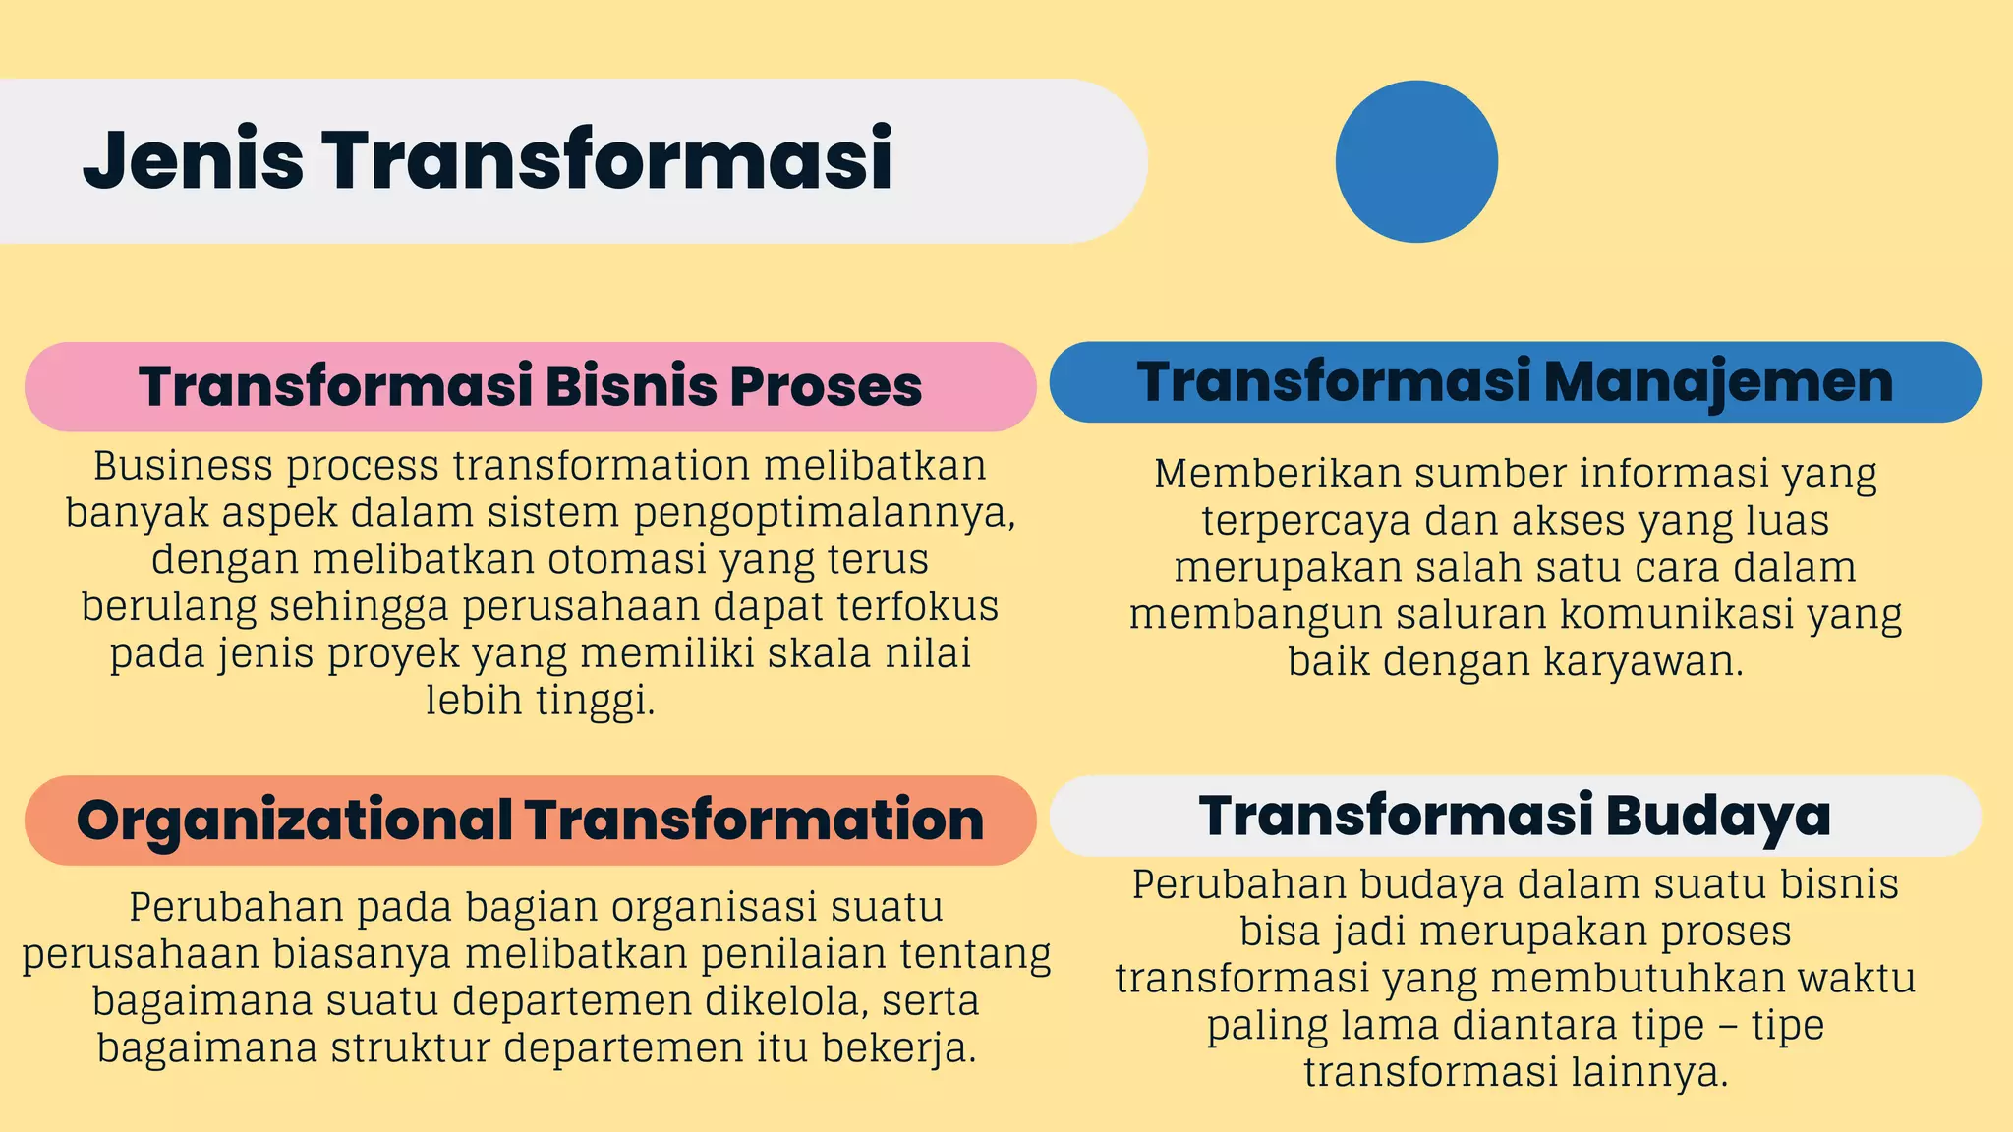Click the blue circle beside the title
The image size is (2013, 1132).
click(x=1416, y=161)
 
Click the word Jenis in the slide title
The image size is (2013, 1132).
click(x=194, y=160)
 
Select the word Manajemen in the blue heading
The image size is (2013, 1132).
click(x=1718, y=382)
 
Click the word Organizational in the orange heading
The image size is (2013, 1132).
click(x=293, y=820)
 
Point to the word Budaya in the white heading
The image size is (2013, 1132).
click(x=1719, y=816)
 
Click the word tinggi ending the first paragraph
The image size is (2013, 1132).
click(x=594, y=702)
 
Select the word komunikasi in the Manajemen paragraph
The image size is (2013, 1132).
click(x=1663, y=615)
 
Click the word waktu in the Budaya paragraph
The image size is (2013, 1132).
click(x=1865, y=979)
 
